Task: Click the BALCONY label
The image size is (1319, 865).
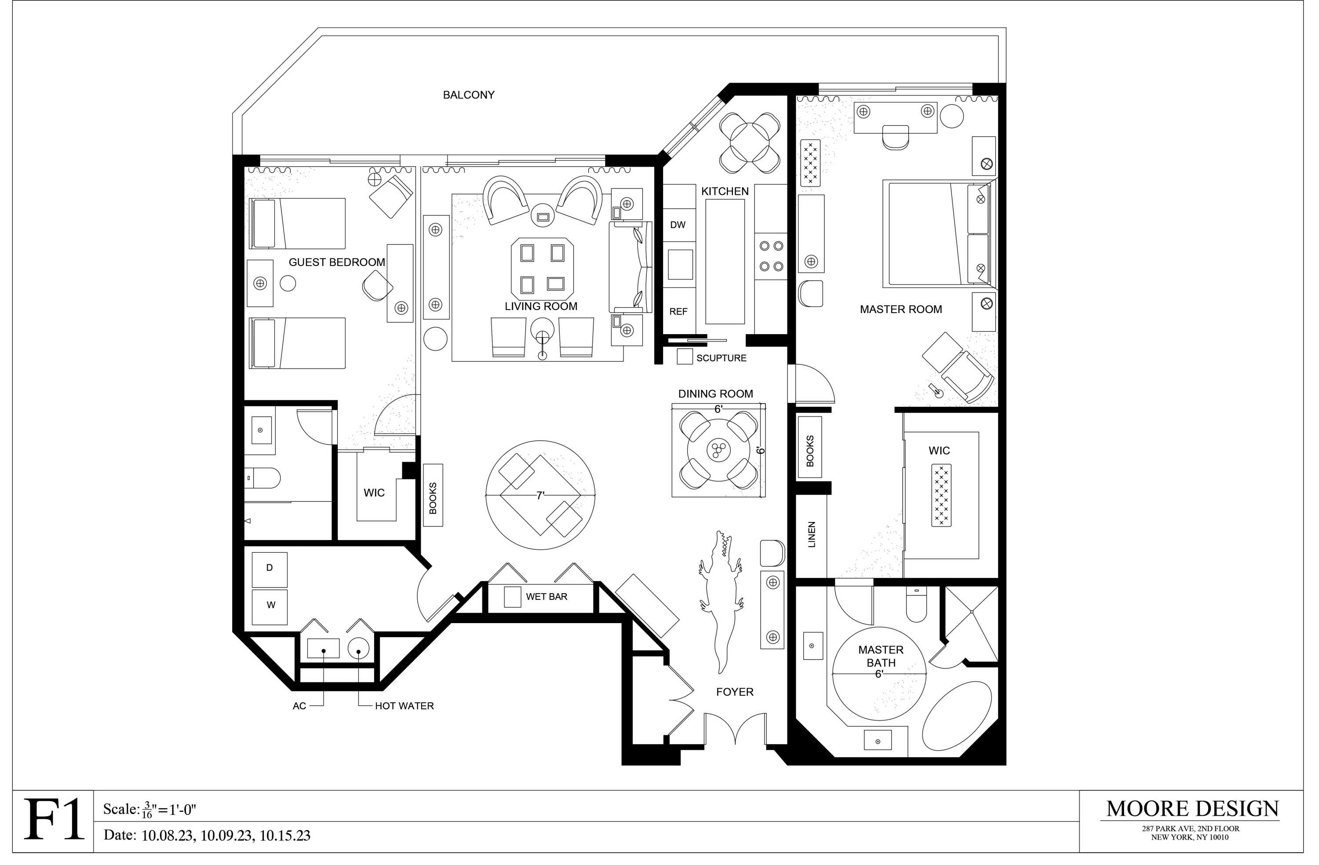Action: pyautogui.click(x=468, y=95)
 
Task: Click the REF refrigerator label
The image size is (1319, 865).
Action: pyautogui.click(x=678, y=312)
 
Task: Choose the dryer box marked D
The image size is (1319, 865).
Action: pyautogui.click(x=270, y=569)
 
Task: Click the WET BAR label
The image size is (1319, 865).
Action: pyautogui.click(x=547, y=597)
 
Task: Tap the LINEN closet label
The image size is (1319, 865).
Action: pyautogui.click(x=811, y=534)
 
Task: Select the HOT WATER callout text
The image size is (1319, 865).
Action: pyautogui.click(x=404, y=706)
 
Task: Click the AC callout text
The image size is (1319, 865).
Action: pyautogui.click(x=299, y=706)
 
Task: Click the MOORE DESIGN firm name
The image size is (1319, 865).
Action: pyautogui.click(x=1192, y=809)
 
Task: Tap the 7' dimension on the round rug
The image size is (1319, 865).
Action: pyautogui.click(x=540, y=496)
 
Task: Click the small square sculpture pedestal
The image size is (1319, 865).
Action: pyautogui.click(x=685, y=357)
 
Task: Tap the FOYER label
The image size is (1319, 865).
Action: pyautogui.click(x=735, y=692)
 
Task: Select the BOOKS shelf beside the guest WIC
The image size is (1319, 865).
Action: pyautogui.click(x=433, y=495)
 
